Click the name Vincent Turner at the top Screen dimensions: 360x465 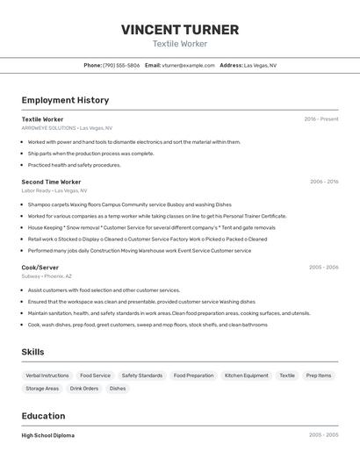tap(180, 30)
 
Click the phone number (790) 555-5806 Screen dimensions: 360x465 tap(121, 65)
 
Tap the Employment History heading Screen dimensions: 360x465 tap(65, 100)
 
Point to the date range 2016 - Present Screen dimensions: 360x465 tap(321, 119)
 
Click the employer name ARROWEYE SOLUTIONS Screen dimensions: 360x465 tap(49, 127)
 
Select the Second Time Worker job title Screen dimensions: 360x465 tap(51, 182)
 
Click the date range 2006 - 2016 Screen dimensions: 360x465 tap(324, 182)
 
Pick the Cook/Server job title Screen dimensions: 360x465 tap(40, 267)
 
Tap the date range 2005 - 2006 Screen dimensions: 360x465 tap(323, 267)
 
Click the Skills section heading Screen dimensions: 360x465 tap(32, 352)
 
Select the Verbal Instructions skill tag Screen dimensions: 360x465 tap(47, 376)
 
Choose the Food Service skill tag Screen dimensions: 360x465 tap(95, 376)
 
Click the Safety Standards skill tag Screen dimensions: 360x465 tap(141, 376)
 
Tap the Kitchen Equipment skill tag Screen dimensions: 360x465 tap(246, 376)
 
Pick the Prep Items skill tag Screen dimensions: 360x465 tap(318, 376)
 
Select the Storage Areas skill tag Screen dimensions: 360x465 tap(42, 388)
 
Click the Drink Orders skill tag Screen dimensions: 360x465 tap(84, 388)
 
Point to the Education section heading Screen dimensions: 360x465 tap(43, 416)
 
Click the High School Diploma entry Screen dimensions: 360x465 tap(47, 435)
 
